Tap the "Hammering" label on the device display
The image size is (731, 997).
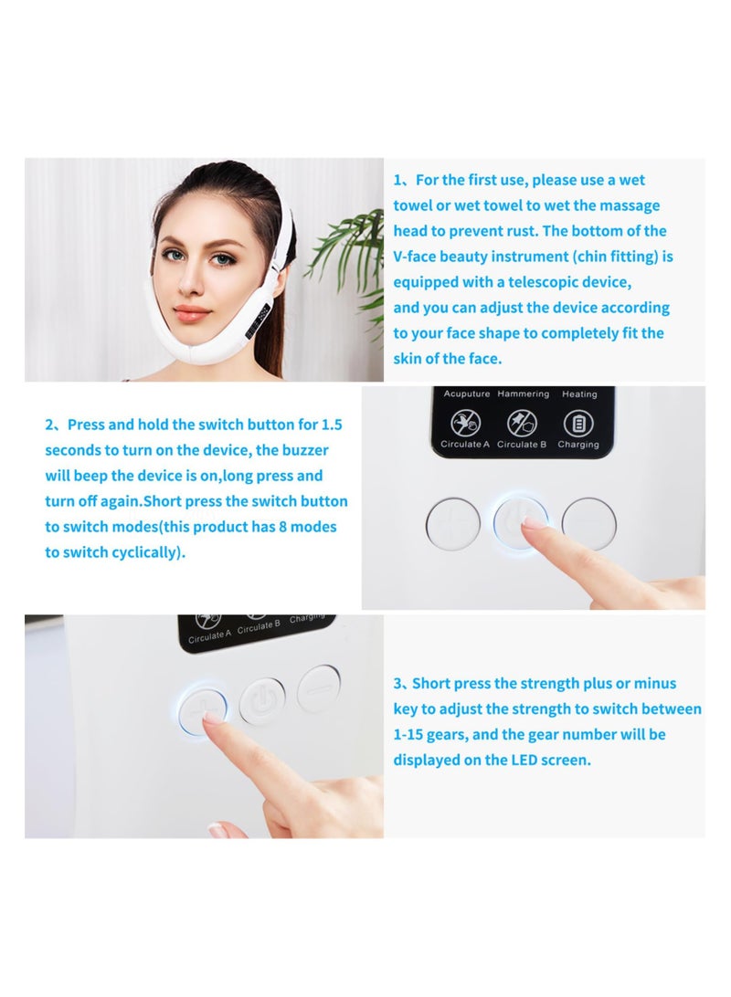coord(523,394)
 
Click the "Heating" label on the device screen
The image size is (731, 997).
coord(579,394)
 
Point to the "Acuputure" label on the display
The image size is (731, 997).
coord(467,394)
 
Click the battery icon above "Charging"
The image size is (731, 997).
coord(577,423)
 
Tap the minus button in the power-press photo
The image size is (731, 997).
coord(588,523)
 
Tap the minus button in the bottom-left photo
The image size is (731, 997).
coord(320,687)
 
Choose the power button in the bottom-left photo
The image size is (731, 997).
coord(262,700)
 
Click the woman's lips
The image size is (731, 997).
coord(192,314)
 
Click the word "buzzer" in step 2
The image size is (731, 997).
coord(305,450)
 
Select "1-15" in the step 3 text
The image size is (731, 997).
coord(410,734)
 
